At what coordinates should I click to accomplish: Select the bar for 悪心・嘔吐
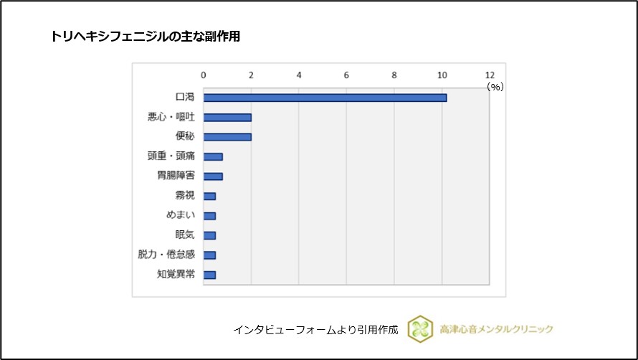tap(227, 117)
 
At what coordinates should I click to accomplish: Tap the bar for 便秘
tap(227, 136)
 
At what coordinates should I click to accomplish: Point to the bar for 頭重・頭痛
tap(213, 156)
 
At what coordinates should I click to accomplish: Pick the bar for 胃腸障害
tap(213, 176)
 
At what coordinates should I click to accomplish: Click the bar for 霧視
tap(209, 196)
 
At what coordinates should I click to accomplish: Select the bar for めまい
tap(209, 215)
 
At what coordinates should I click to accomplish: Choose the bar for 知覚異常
tap(209, 274)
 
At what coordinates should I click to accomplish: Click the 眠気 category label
tap(185, 235)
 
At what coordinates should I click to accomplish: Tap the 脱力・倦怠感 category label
tap(166, 255)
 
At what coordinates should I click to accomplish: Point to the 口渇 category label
tap(185, 98)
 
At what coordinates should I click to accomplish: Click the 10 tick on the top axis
tap(442, 75)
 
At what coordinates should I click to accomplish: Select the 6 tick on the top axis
tap(347, 75)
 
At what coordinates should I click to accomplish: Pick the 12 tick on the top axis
tap(490, 75)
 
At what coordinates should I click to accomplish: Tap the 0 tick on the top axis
tap(204, 75)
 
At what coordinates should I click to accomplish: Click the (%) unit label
tap(495, 86)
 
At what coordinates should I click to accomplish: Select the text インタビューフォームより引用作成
tap(315, 330)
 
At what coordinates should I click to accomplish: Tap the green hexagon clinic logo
tap(420, 328)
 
